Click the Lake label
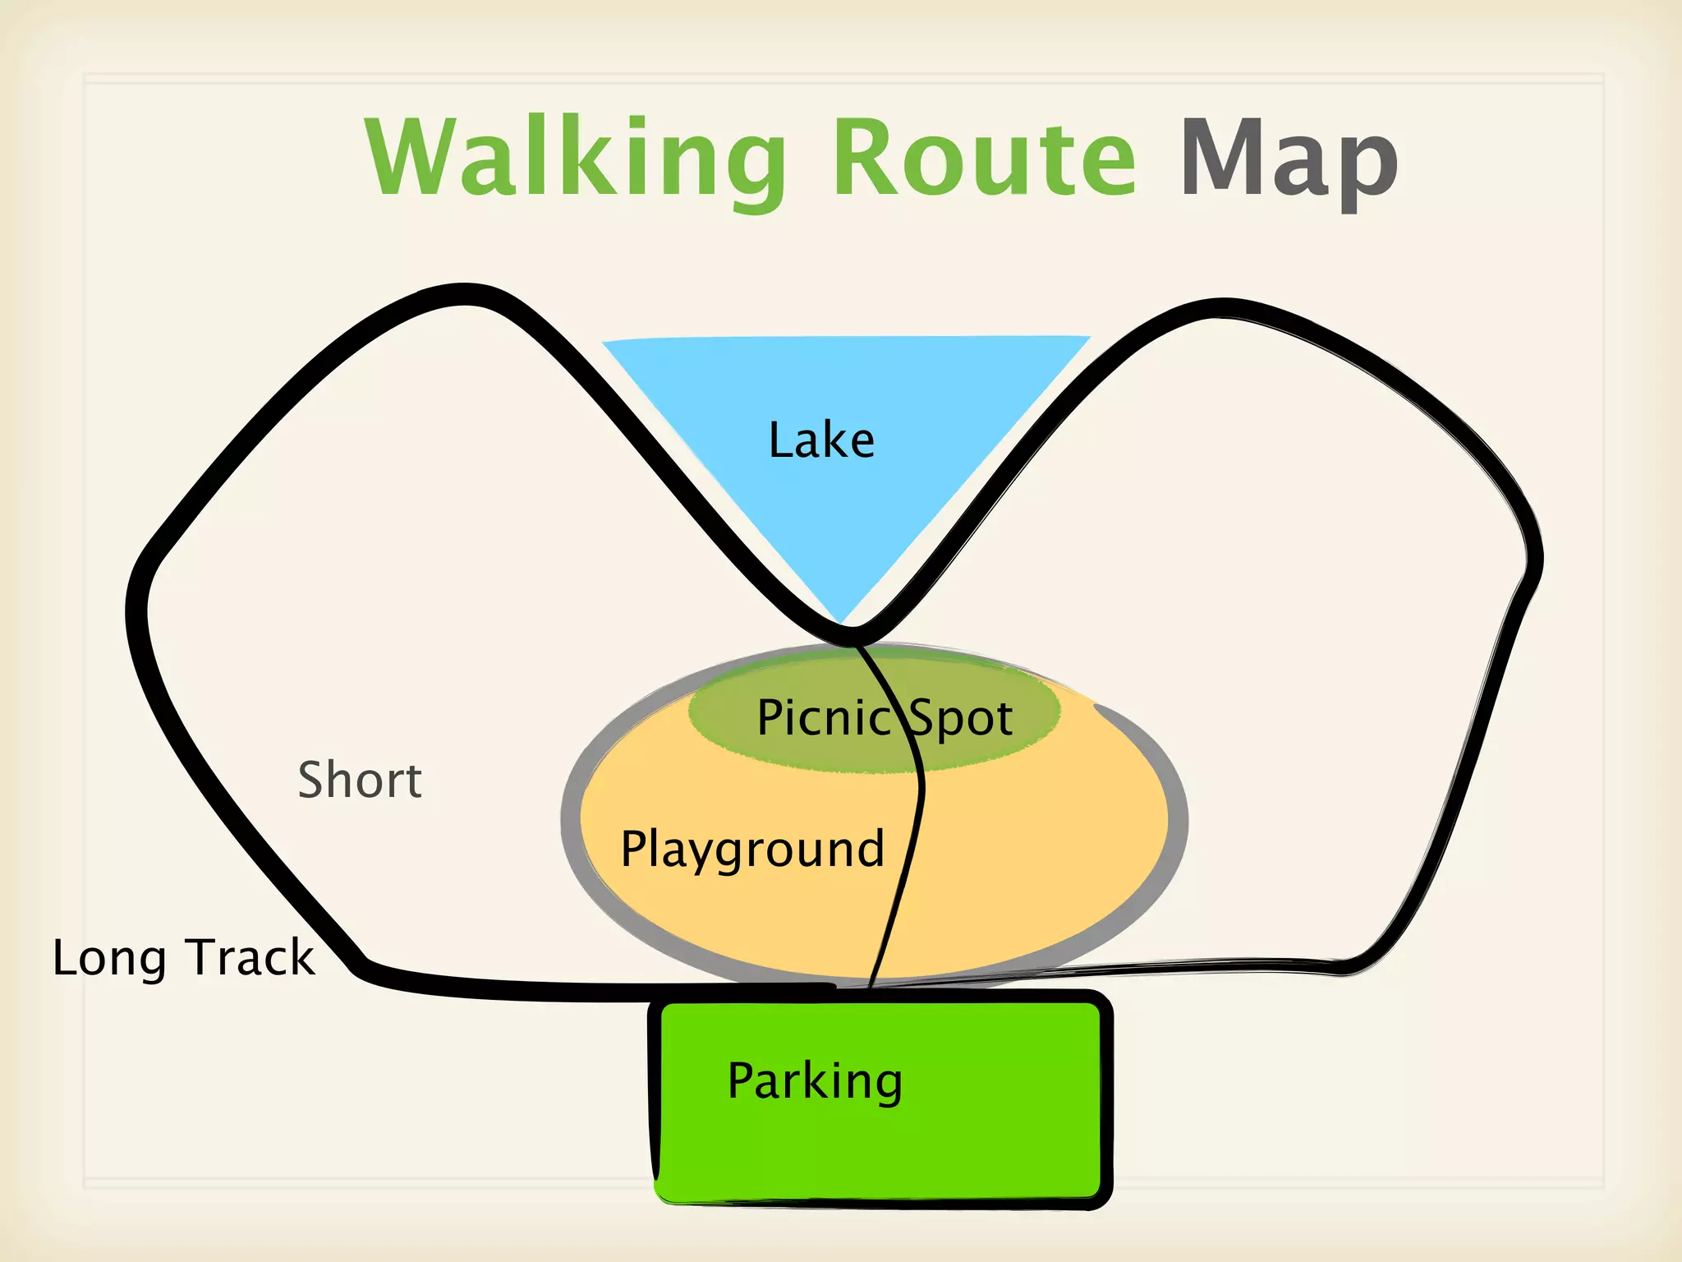[x=821, y=440]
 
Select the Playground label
[x=752, y=849]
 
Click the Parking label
[x=815, y=1081]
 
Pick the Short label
[x=360, y=780]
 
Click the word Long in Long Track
[x=109, y=958]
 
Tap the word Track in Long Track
[x=250, y=957]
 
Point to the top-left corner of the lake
[x=606, y=343]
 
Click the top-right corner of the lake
[x=1088, y=337]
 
